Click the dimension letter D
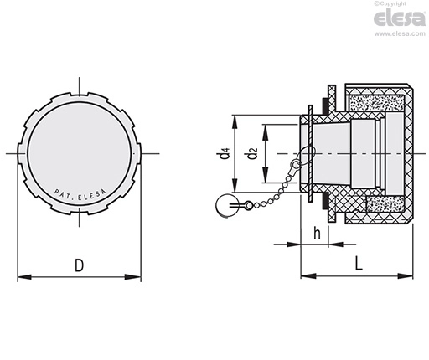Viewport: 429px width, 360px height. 80,265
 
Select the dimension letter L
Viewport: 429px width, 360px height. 359,264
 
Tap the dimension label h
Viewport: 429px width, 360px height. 317,233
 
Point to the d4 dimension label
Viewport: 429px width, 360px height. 225,153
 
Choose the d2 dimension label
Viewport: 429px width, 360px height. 253,153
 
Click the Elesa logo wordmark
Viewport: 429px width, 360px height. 400,18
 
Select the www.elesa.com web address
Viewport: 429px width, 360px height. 400,33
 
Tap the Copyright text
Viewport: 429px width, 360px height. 390,3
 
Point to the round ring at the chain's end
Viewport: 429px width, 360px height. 226,206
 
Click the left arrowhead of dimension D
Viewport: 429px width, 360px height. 24,277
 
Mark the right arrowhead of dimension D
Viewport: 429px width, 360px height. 133,277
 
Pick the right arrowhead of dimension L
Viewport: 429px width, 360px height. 406,276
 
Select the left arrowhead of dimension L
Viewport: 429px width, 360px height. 308,276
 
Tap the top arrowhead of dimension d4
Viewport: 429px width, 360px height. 235,122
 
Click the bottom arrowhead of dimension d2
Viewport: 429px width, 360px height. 266,175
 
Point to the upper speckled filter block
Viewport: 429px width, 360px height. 376,103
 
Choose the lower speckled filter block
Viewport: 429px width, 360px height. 385,203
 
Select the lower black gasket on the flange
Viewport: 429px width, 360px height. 325,201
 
